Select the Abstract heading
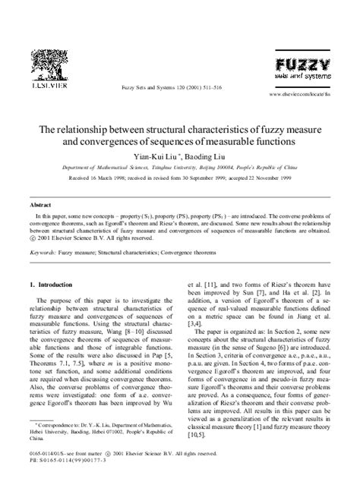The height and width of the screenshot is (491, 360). tap(39, 205)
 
